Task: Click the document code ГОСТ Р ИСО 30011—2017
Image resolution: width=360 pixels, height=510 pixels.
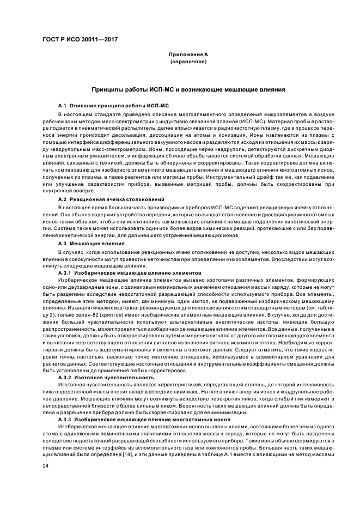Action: (80, 39)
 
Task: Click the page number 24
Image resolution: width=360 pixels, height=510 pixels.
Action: (46, 466)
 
